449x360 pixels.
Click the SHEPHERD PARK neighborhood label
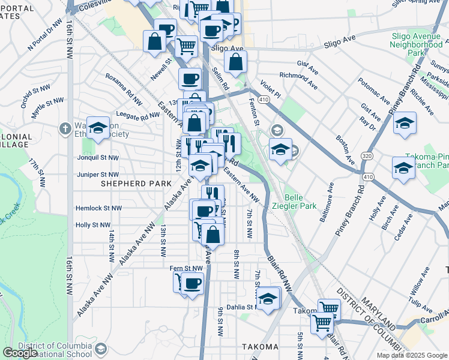[x=131, y=182]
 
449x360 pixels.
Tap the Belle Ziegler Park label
[x=292, y=201]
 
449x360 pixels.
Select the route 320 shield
[x=366, y=156]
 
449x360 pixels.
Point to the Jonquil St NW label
[x=98, y=158]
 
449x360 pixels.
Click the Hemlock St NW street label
[x=99, y=208]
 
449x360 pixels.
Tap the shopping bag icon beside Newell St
[x=154, y=42]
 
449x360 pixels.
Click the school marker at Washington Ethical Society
[x=98, y=128]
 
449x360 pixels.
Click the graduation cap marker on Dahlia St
[x=268, y=299]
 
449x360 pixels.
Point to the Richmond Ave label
[x=298, y=77]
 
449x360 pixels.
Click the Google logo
[x=20, y=353]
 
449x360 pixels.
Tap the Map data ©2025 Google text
[x=412, y=355]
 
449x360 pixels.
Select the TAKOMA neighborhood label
[x=260, y=347]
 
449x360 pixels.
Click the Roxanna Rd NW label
[x=124, y=84]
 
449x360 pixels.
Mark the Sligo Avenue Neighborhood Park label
[x=416, y=44]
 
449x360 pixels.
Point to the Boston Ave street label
[x=342, y=144]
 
